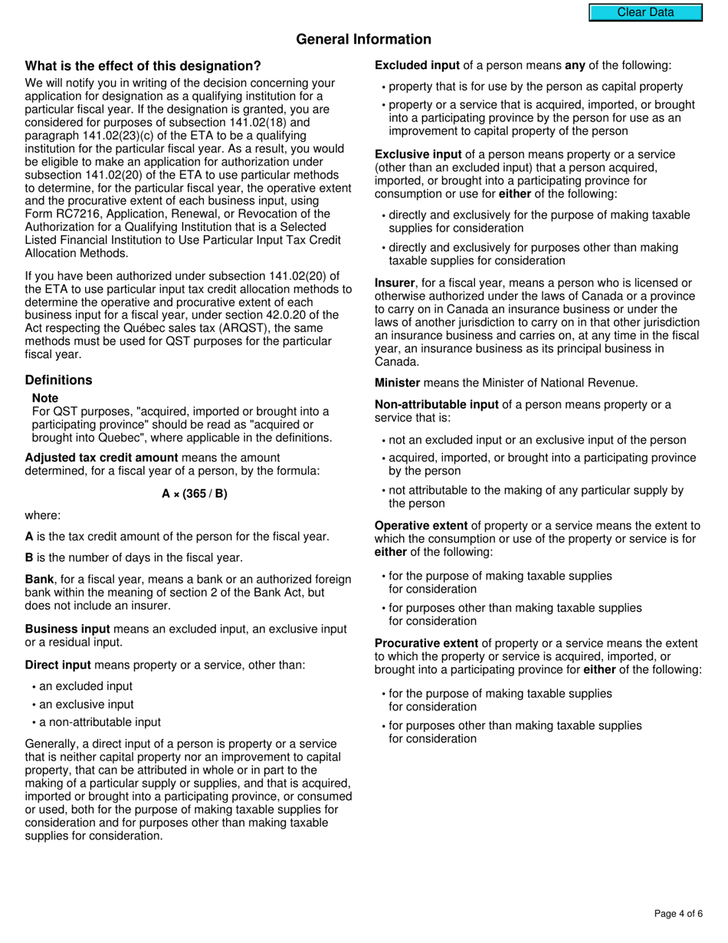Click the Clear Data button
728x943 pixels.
coord(645,12)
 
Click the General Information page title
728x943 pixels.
coord(363,39)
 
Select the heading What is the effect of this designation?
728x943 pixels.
coord(143,66)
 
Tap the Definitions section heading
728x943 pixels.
coord(58,380)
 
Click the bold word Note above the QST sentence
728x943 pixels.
coord(45,399)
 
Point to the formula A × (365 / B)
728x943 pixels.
coord(195,494)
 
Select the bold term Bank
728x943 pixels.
coord(40,580)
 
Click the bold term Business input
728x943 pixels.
coord(67,629)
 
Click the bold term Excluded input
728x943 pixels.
coord(418,66)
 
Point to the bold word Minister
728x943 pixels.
coord(397,383)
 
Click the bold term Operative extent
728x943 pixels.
coord(421,526)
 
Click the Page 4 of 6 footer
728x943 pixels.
coord(678,913)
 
